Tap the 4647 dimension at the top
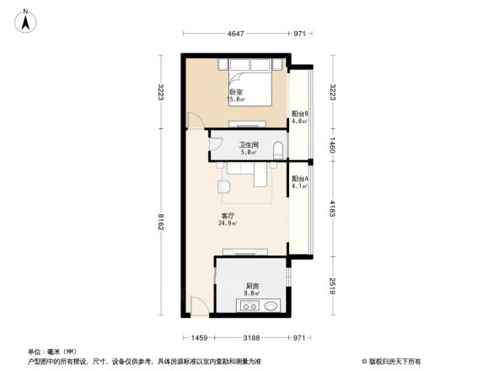[235, 35]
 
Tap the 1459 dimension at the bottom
[199, 338]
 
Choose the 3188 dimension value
[251, 338]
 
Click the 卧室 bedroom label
[236, 92]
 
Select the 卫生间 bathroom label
[247, 144]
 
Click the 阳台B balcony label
[299, 114]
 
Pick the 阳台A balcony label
[299, 179]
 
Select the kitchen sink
[269, 308]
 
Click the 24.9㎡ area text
[228, 223]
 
